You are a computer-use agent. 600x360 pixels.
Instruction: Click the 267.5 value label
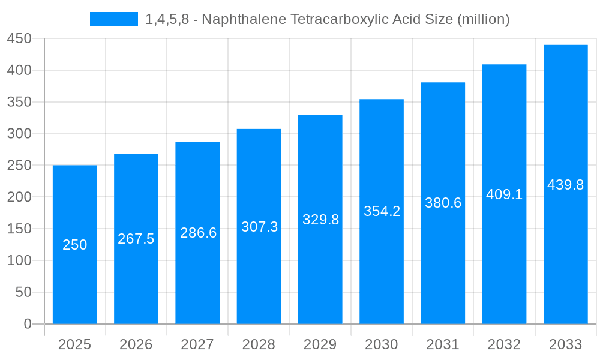pyautogui.click(x=136, y=239)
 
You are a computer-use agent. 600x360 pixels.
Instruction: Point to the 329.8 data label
pyautogui.click(x=320, y=220)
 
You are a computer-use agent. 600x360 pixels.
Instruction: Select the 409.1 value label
pyautogui.click(x=504, y=194)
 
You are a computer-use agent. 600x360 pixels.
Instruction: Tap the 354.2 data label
pyautogui.click(x=382, y=211)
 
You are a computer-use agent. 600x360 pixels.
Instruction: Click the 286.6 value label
pyautogui.click(x=198, y=233)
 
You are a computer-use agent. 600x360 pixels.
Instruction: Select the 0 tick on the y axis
pyautogui.click(x=28, y=324)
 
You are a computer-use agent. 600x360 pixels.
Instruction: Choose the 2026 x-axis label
pyautogui.click(x=136, y=344)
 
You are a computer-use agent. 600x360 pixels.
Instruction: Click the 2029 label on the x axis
pyautogui.click(x=320, y=344)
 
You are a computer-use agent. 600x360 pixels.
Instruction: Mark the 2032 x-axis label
pyautogui.click(x=504, y=344)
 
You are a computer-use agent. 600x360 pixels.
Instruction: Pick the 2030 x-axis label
pyautogui.click(x=382, y=344)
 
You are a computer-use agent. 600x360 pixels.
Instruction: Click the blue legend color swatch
pyautogui.click(x=114, y=19)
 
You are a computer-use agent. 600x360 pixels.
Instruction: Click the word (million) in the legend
pyautogui.click(x=483, y=19)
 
